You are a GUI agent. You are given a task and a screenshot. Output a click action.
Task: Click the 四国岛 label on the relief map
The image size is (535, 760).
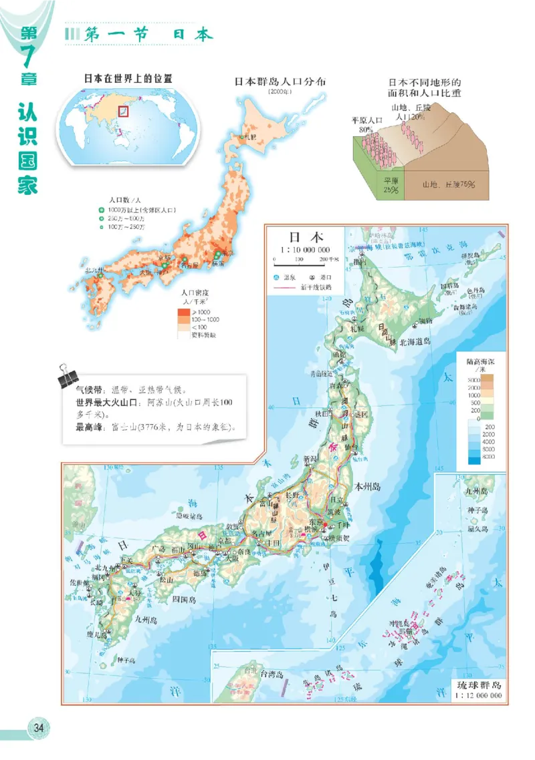tap(183, 599)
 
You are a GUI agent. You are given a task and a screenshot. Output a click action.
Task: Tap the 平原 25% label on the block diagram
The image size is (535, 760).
tap(390, 185)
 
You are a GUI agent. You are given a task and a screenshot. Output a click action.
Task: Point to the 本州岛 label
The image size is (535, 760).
tap(368, 487)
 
